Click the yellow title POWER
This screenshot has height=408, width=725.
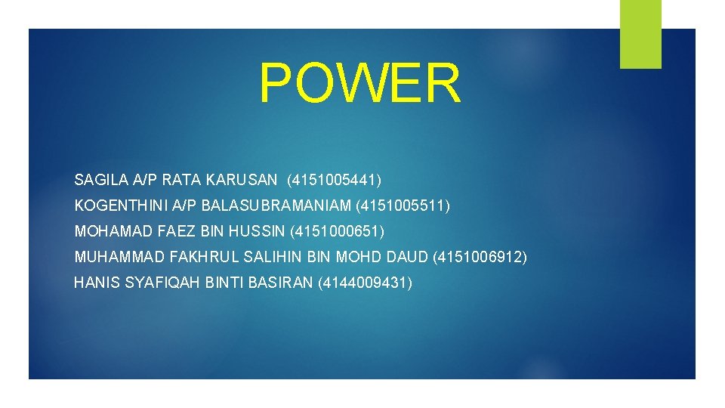359,83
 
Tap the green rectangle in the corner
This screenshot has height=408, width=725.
640,34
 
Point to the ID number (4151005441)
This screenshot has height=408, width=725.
335,180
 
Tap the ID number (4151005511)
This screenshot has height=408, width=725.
403,205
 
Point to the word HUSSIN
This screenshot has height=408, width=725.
260,230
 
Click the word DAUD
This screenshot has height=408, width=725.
407,257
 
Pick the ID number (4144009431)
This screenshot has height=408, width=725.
366,283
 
